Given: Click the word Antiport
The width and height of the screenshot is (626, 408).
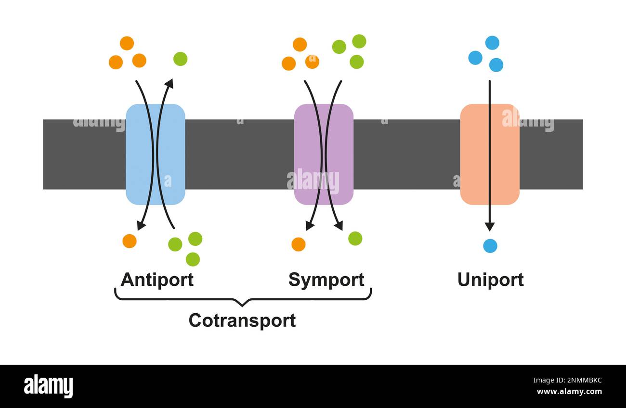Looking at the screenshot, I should coord(157,280).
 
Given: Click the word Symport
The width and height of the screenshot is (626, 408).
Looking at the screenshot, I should coord(326,280).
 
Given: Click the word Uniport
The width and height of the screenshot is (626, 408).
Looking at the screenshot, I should coord(490,280).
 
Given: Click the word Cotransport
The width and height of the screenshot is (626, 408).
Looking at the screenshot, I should coord(242,320).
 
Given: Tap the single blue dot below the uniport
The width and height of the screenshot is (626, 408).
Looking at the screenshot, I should coord(490,246).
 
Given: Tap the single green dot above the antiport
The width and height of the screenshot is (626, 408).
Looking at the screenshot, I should coord(180,59).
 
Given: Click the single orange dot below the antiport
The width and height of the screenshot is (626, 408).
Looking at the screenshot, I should coord(129,241).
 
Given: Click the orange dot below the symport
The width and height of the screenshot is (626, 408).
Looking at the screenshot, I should coord(298,244).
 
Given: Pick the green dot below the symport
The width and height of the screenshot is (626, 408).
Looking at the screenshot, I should coord(355,239).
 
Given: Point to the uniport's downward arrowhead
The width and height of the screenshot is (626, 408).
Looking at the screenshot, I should coord(490,227).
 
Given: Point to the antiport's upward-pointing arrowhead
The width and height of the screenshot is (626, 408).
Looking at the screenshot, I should coord(169,83).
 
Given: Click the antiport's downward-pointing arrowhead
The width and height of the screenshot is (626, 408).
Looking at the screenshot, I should coord(141,225).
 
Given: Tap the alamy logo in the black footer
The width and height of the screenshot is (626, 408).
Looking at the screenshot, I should coord(48,386).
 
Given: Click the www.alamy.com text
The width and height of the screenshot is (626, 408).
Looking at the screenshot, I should coord(569,392).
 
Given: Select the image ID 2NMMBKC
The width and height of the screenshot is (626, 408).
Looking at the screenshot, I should coord(576,380).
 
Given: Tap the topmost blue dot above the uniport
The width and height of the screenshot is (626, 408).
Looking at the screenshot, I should coord(492,43).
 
